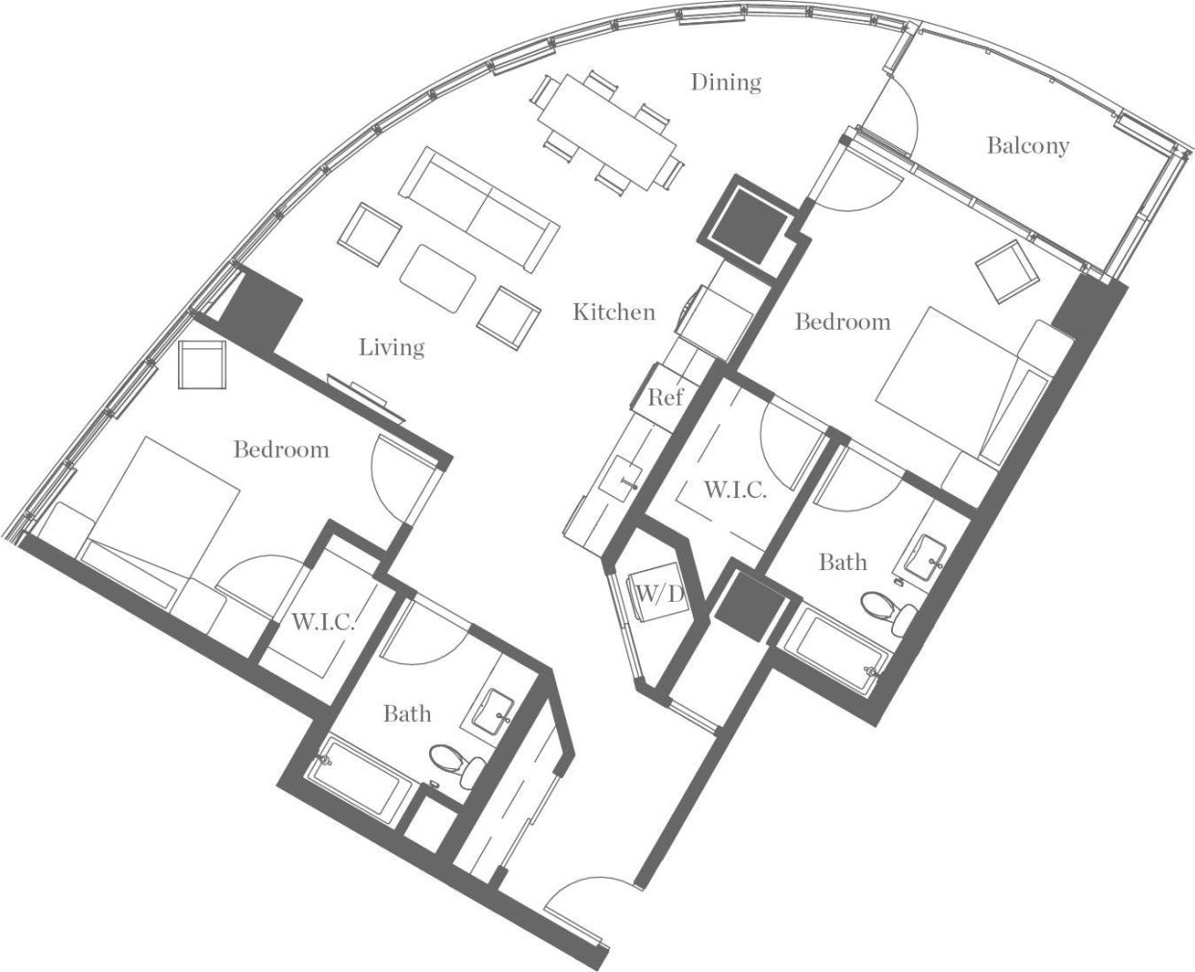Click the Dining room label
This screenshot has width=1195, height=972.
pyautogui.click(x=725, y=83)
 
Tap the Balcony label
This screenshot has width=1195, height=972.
pyautogui.click(x=1028, y=145)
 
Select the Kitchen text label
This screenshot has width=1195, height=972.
pyautogui.click(x=614, y=312)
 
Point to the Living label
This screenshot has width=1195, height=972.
pyautogui.click(x=392, y=346)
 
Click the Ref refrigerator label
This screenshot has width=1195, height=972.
pyautogui.click(x=665, y=397)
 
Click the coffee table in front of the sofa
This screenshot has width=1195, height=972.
pyautogui.click(x=439, y=278)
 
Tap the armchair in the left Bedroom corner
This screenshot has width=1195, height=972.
pyautogui.click(x=203, y=366)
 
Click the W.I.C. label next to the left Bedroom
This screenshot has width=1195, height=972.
pyautogui.click(x=322, y=622)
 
